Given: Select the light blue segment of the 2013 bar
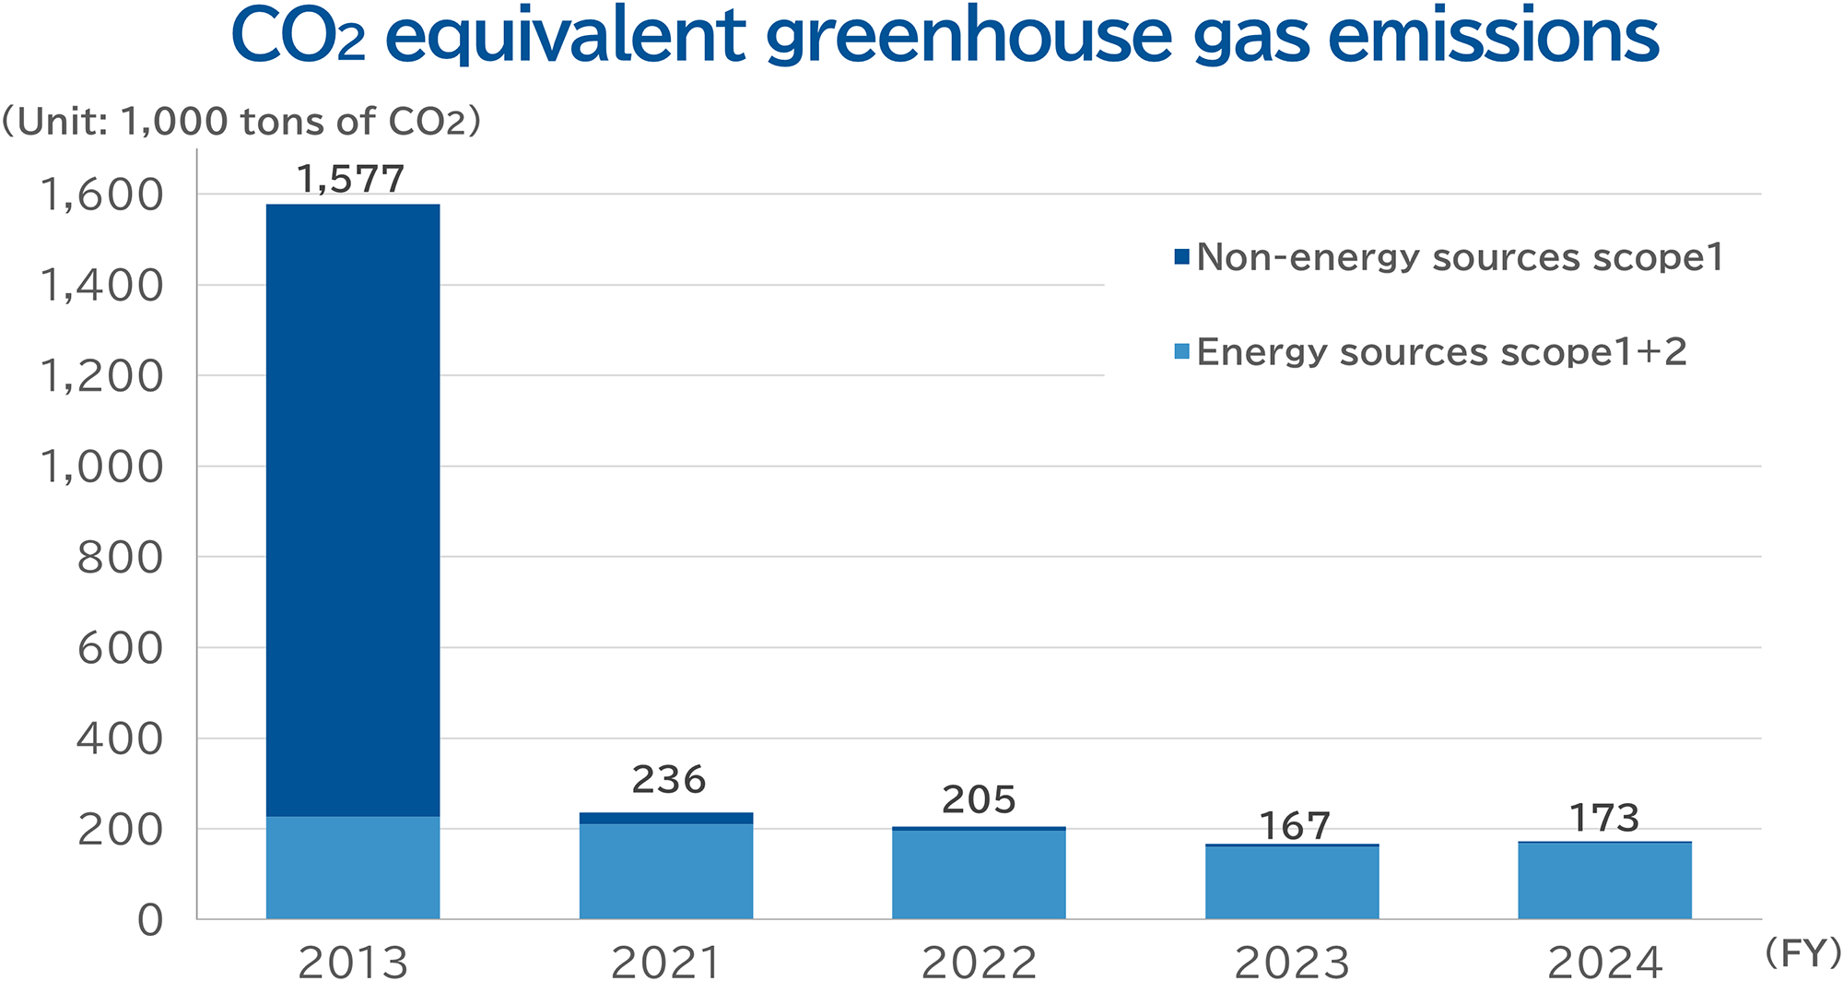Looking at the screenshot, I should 353,867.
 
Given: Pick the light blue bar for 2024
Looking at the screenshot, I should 1604,881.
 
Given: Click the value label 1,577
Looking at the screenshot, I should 351,179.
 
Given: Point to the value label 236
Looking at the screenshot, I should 668,780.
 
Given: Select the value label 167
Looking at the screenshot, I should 1294,826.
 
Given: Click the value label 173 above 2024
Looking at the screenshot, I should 1604,819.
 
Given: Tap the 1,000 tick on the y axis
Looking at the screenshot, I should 101,467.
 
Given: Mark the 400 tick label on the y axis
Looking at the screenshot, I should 120,739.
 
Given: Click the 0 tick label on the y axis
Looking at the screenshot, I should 150,920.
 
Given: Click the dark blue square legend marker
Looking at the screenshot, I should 1181,257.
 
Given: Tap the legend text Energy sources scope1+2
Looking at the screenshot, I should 1441,352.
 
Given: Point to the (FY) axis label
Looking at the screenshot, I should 1802,952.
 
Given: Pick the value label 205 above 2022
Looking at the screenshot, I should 979,799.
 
